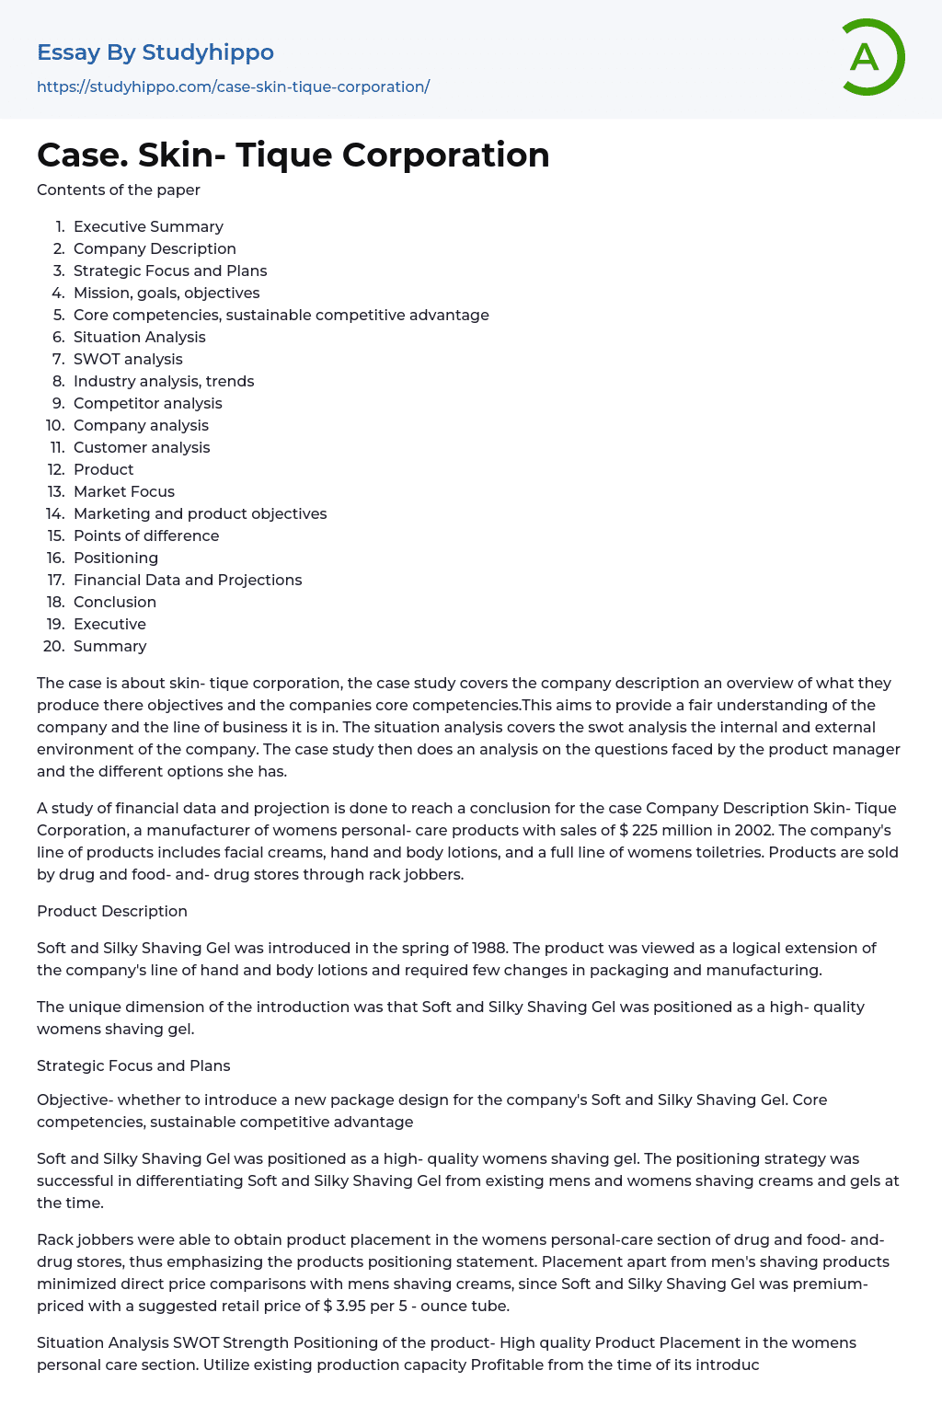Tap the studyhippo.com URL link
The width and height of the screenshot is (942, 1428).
tap(233, 86)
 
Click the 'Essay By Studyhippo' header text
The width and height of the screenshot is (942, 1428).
tap(155, 52)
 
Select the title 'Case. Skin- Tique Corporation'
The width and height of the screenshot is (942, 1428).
tap(293, 155)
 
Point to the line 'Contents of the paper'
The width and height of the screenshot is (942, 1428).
tap(118, 190)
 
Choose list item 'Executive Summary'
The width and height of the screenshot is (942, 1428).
tap(148, 226)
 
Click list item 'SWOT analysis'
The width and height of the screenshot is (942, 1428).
tap(128, 359)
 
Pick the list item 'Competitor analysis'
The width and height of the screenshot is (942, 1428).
tap(147, 403)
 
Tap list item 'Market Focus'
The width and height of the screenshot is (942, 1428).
tap(124, 491)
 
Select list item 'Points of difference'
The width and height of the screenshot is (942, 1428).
tap(146, 535)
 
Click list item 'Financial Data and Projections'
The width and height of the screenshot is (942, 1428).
tap(188, 580)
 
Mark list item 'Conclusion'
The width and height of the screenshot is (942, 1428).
tap(115, 602)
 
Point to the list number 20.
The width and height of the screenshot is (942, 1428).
tap(54, 646)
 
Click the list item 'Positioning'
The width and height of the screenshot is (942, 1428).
tap(116, 558)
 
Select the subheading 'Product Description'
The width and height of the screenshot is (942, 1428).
tap(112, 911)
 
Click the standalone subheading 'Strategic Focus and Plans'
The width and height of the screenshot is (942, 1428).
tap(133, 1065)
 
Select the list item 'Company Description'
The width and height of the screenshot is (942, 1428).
tap(155, 248)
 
